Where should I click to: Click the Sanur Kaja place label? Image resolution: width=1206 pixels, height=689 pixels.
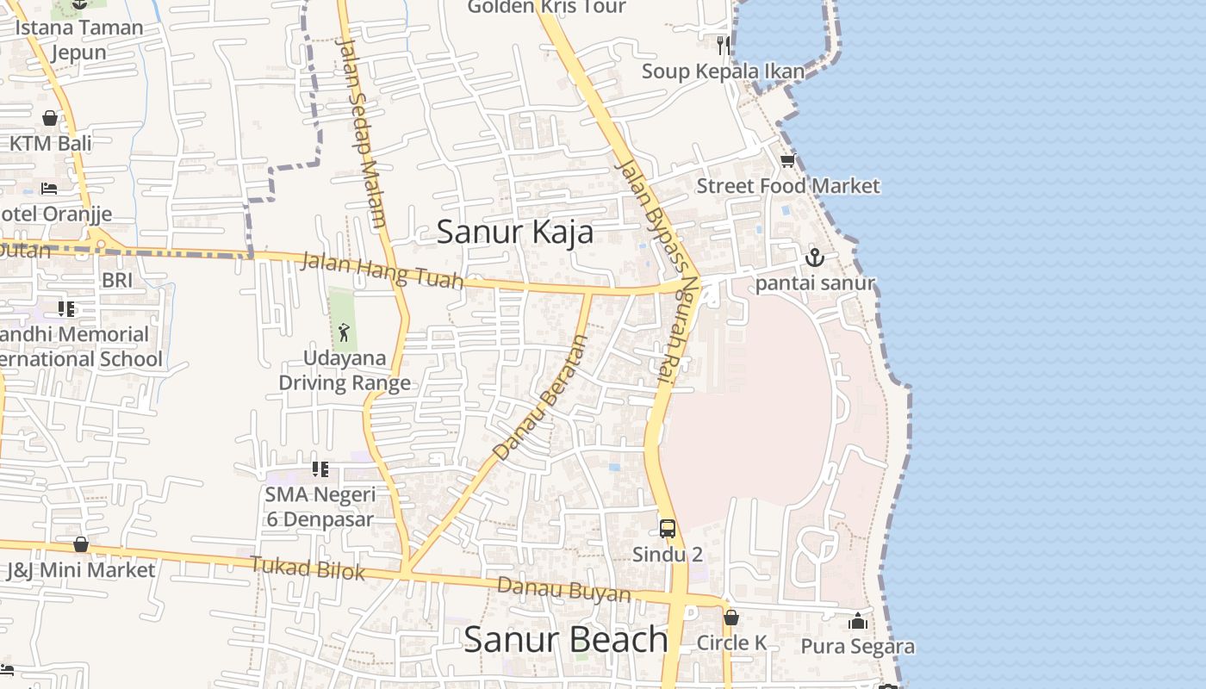[x=514, y=233]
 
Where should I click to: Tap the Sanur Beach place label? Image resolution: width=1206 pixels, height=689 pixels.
[x=565, y=639]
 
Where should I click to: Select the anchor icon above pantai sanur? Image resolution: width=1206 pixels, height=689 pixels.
[x=814, y=257]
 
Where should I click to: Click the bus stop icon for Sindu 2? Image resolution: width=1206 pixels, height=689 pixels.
[x=668, y=529]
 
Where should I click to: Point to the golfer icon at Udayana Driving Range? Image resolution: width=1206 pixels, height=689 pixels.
[x=344, y=332]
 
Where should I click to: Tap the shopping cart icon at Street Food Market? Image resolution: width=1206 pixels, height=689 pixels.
[x=787, y=160]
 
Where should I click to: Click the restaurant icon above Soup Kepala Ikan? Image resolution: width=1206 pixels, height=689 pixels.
[x=724, y=45]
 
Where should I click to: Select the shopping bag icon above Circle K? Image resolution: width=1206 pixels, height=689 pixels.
[x=730, y=618]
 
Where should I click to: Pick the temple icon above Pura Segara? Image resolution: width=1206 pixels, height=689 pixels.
[x=858, y=621]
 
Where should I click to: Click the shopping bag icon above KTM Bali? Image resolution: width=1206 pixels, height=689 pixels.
[x=50, y=118]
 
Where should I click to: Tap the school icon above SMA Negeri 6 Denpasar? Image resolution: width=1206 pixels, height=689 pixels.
[x=320, y=469]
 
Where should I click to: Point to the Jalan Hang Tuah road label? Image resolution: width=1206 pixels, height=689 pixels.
[x=382, y=270]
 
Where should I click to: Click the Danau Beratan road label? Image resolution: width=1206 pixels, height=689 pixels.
[x=541, y=396]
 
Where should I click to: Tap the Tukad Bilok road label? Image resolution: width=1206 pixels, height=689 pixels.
[x=308, y=568]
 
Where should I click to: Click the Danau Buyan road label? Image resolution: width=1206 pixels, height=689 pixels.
[x=564, y=590]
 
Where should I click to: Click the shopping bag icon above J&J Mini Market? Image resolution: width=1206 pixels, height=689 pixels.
[x=81, y=544]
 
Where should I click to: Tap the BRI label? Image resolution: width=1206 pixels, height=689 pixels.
[x=117, y=280]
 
